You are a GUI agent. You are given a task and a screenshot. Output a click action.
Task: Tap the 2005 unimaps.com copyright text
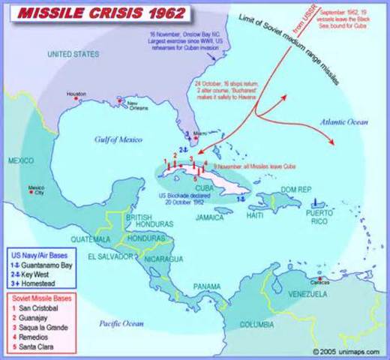(346, 350)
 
